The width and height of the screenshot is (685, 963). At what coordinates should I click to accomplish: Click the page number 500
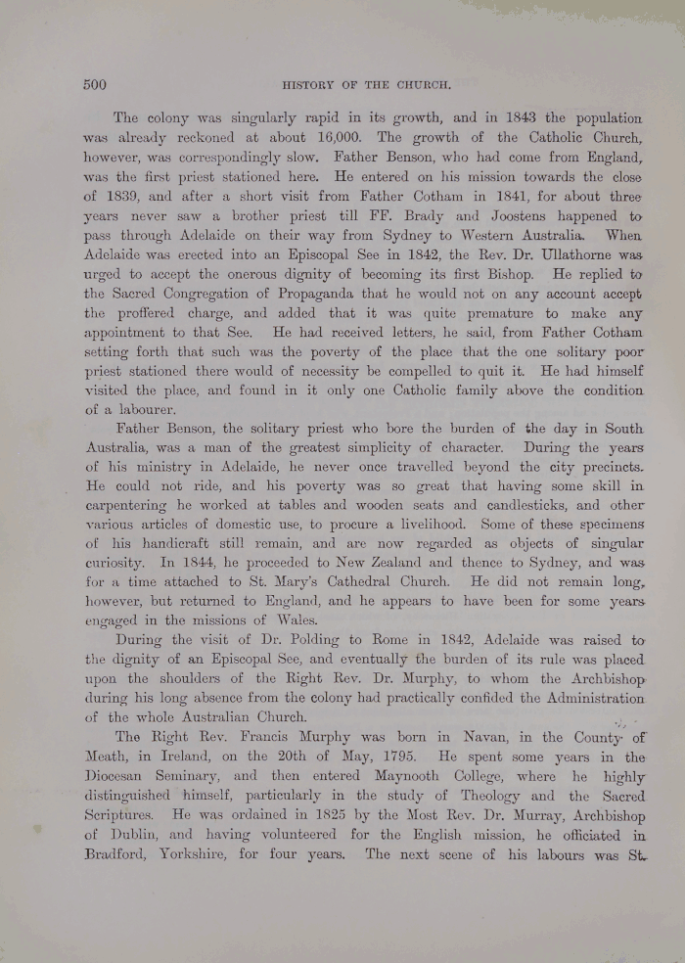(x=94, y=85)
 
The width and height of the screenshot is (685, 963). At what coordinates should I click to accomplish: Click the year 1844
(x=224, y=564)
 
